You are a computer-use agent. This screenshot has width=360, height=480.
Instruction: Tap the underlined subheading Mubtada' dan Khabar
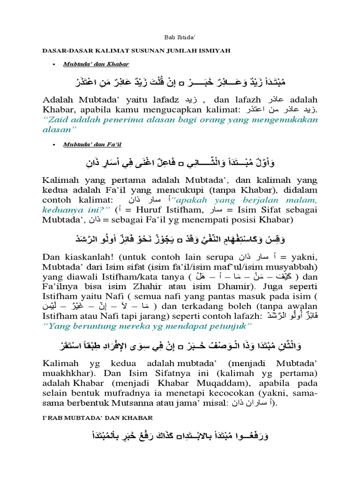[x=96, y=63]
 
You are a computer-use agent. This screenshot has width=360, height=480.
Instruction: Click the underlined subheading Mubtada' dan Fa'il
[x=92, y=145]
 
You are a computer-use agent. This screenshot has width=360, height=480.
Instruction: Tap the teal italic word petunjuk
[x=228, y=326]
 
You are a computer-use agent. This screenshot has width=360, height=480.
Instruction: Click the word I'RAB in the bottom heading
[x=54, y=417]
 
